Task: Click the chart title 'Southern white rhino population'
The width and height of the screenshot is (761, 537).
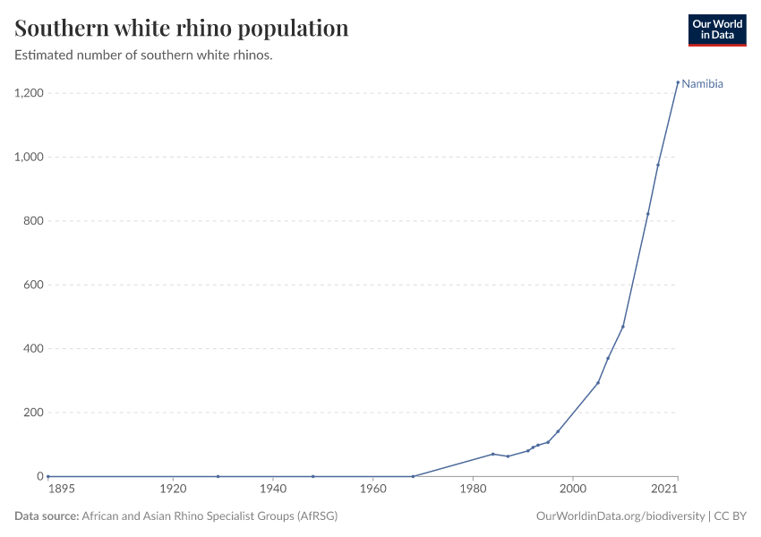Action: (x=182, y=29)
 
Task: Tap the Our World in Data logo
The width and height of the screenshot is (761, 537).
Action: (x=716, y=30)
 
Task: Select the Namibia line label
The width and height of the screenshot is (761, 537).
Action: (x=702, y=84)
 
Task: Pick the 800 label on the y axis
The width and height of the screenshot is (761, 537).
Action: (x=34, y=221)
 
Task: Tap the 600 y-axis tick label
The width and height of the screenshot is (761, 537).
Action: (x=34, y=285)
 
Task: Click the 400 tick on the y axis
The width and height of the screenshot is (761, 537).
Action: (x=34, y=349)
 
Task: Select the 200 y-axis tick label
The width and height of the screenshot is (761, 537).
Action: (x=34, y=413)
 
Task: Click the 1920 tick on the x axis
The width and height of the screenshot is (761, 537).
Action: (x=173, y=490)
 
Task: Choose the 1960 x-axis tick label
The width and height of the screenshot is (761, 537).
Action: (x=372, y=490)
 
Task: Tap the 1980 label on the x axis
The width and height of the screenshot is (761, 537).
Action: (x=473, y=490)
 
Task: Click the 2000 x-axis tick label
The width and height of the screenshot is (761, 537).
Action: (x=573, y=490)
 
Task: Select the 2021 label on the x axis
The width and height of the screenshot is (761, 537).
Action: (x=664, y=490)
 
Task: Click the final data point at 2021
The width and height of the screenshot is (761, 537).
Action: (x=678, y=82)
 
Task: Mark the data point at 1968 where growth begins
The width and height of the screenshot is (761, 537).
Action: (x=413, y=476)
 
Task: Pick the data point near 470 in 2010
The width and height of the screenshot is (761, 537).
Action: (x=623, y=327)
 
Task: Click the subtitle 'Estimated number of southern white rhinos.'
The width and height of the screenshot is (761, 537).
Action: (x=144, y=55)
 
